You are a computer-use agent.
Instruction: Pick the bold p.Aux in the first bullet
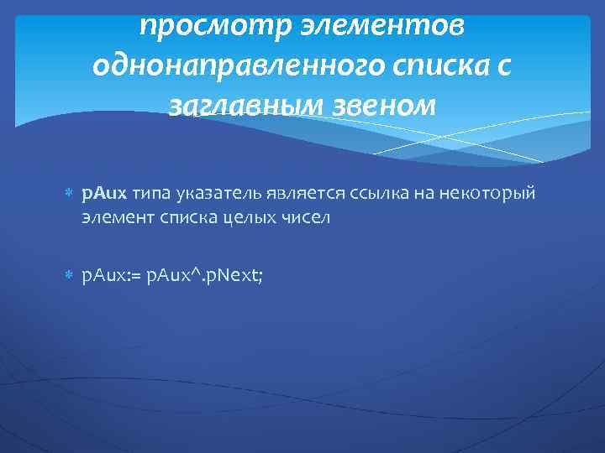coord(104,195)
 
